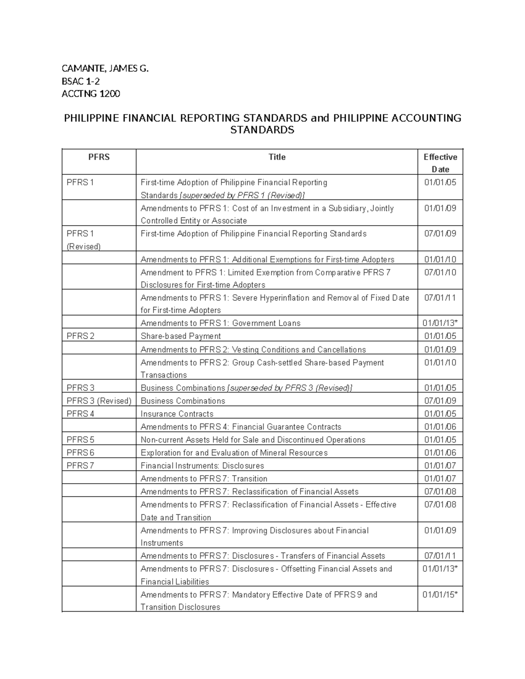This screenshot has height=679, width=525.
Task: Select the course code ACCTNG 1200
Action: click(x=91, y=94)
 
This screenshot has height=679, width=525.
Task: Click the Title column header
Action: click(x=276, y=157)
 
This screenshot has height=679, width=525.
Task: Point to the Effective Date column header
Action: click(x=440, y=163)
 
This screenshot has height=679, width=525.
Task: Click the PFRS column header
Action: click(x=99, y=157)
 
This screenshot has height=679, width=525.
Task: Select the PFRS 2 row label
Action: click(x=80, y=336)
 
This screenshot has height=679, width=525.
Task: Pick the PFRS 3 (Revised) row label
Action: click(x=99, y=400)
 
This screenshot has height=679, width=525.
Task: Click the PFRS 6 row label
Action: click(x=80, y=453)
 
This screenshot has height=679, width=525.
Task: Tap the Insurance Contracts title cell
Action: click(x=177, y=414)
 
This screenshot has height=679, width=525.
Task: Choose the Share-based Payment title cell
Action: click(x=180, y=336)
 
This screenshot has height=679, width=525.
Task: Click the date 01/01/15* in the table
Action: click(x=440, y=595)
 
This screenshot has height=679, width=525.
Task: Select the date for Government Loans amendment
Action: click(x=440, y=323)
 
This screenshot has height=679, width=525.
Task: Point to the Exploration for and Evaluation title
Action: click(x=234, y=453)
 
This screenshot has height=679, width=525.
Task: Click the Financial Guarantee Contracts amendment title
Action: click(x=241, y=427)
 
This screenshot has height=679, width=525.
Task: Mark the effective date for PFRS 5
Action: click(x=440, y=439)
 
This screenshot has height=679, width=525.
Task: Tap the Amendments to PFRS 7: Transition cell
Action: click(x=204, y=478)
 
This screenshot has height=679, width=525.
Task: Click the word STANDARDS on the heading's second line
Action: click(x=262, y=130)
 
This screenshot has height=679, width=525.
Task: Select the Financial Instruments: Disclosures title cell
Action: click(x=202, y=466)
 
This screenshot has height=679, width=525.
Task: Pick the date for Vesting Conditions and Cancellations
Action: click(x=440, y=349)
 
